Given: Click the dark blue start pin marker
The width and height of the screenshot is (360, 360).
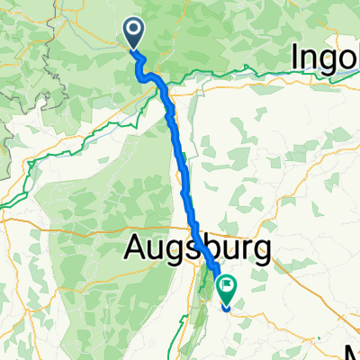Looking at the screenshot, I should (133, 33).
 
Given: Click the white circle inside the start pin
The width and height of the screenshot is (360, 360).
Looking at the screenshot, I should (133, 31).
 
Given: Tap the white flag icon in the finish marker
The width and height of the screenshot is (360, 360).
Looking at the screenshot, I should (226, 288).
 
